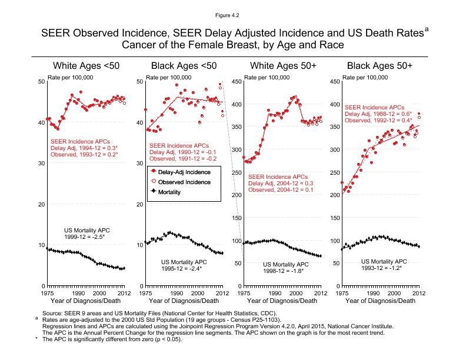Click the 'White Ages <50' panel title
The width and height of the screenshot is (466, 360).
86,65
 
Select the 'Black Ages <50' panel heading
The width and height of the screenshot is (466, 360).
184,65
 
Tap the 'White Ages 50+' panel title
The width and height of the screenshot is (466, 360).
282,65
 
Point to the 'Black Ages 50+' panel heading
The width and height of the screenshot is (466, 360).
380,65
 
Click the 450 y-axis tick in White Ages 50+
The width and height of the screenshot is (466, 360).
235,82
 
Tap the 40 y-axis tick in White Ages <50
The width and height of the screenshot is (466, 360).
41,123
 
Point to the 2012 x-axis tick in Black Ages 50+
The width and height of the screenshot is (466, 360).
418,292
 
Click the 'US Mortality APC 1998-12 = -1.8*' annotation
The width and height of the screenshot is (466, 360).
286,268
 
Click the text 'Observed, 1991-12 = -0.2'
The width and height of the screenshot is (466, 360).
182,159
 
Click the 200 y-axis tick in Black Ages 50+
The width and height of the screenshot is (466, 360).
334,195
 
